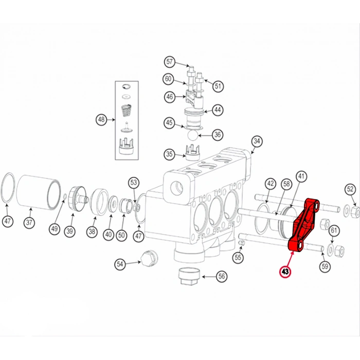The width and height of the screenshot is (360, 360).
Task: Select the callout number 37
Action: tap(30, 223)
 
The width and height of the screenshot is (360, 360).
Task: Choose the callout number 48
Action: tap(101, 120)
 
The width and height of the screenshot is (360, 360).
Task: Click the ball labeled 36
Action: tap(192, 135)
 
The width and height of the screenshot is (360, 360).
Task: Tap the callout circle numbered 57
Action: tap(170, 62)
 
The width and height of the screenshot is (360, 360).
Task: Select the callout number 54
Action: tap(120, 264)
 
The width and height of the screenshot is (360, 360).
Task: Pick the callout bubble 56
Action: tap(222, 276)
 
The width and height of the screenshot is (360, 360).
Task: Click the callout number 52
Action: tap(350, 189)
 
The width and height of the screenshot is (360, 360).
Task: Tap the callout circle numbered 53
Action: tap(134, 182)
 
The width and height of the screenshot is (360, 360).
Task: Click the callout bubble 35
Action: tap(169, 154)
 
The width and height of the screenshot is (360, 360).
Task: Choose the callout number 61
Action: tap(334, 230)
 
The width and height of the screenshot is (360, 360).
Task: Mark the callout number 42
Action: tap(271, 184)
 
